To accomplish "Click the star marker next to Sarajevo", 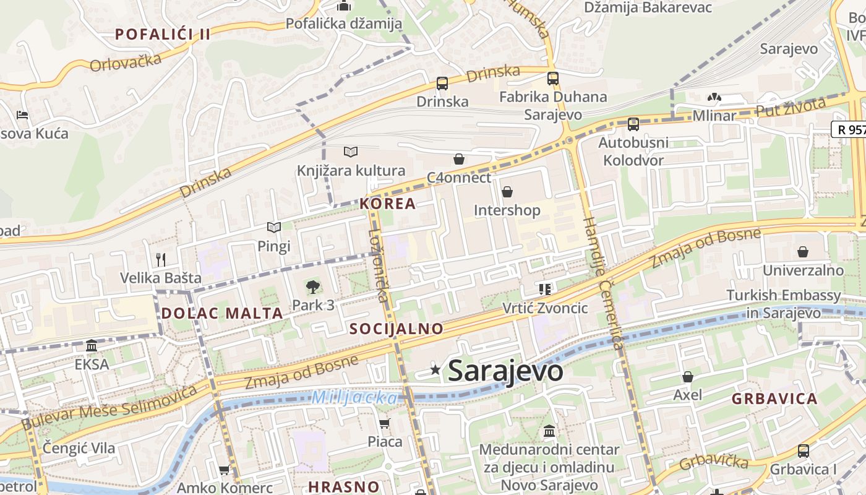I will click(435, 370).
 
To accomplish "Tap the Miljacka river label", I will click(354, 397).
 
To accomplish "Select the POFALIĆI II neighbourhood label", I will click(163, 34).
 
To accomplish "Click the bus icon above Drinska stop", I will click(442, 84).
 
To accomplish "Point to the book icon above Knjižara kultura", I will click(351, 152).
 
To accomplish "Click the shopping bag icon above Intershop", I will click(507, 192).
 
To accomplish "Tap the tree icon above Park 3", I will click(313, 287).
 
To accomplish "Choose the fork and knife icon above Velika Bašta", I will click(161, 259).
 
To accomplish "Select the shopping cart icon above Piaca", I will click(385, 424).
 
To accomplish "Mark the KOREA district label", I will click(388, 204).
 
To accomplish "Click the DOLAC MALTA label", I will click(222, 313).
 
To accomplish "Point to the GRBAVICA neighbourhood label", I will click(774, 398).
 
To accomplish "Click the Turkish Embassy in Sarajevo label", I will click(784, 304).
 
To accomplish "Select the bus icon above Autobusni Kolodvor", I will click(633, 124).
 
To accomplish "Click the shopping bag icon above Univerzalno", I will click(803, 252).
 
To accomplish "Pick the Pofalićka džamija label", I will click(344, 24).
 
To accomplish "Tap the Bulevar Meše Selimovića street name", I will click(109, 407).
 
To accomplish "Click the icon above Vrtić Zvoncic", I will click(545, 289).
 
